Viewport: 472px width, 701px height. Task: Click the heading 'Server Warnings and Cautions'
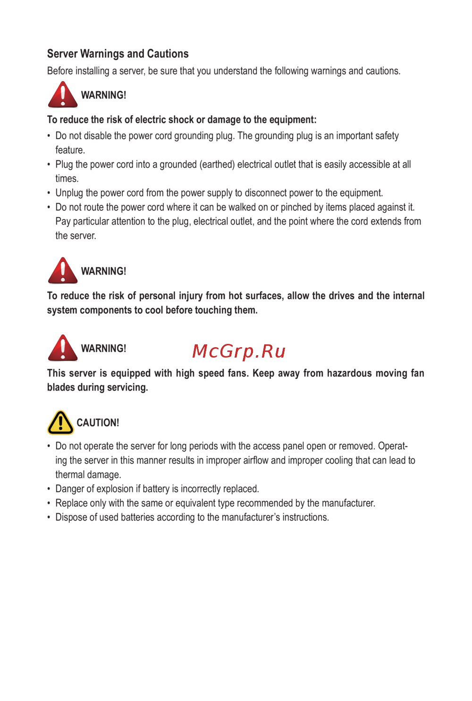tap(118, 54)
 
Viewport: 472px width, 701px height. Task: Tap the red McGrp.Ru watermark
tap(239, 351)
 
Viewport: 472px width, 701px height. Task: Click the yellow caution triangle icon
tap(60, 422)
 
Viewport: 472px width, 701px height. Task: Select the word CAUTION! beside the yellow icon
tap(98, 423)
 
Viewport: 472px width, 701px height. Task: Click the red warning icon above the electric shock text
tap(63, 95)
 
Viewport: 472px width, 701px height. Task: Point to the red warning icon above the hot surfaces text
tap(63, 271)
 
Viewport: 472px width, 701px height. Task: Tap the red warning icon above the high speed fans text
tap(63, 348)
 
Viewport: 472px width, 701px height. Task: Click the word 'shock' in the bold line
tap(181, 120)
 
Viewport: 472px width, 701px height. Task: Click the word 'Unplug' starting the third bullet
tap(69, 193)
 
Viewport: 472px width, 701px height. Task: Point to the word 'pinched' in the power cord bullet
tap(296, 207)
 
